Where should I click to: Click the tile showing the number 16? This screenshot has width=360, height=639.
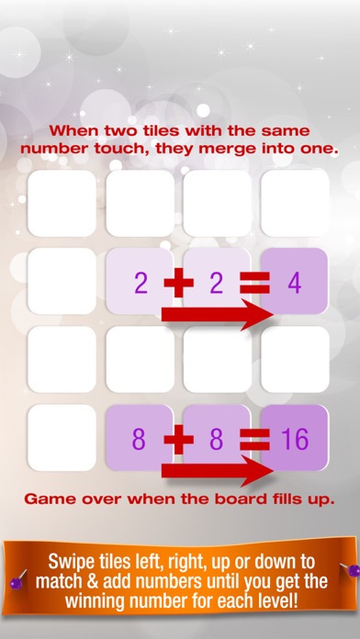[294, 439]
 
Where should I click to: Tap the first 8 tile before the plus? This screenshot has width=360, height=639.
[140, 439]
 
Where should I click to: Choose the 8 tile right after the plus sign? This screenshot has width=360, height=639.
[217, 439]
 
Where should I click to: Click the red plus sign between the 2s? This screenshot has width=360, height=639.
[179, 284]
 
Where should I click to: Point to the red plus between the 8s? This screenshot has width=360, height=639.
[179, 440]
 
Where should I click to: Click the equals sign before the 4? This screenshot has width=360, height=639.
[255, 284]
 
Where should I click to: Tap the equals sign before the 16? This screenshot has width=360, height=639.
[255, 440]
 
